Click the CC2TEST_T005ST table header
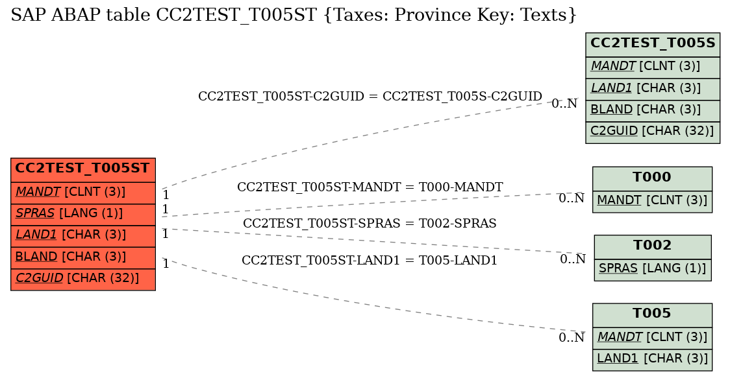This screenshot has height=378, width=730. pyautogui.click(x=83, y=170)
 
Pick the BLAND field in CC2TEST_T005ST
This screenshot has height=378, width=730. pyautogui.click(x=83, y=257)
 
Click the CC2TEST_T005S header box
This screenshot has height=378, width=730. pyautogui.click(x=653, y=45)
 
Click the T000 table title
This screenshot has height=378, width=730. pyautogui.click(x=652, y=178)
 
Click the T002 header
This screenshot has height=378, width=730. pyautogui.click(x=653, y=247)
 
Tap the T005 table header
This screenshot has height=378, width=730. pyautogui.click(x=652, y=315)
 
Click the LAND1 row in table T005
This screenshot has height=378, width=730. pyautogui.click(x=652, y=360)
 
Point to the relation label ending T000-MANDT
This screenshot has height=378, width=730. pyautogui.click(x=370, y=187)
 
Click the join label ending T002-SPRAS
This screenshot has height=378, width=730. pyautogui.click(x=370, y=223)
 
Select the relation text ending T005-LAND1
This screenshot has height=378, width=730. pyautogui.click(x=370, y=261)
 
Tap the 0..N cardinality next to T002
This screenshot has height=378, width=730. pyautogui.click(x=573, y=259)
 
